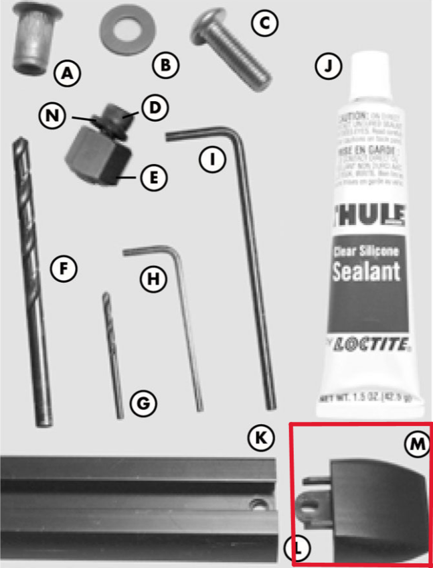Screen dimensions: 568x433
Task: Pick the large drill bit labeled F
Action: [31, 281]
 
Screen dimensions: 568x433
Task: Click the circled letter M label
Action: [417, 443]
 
